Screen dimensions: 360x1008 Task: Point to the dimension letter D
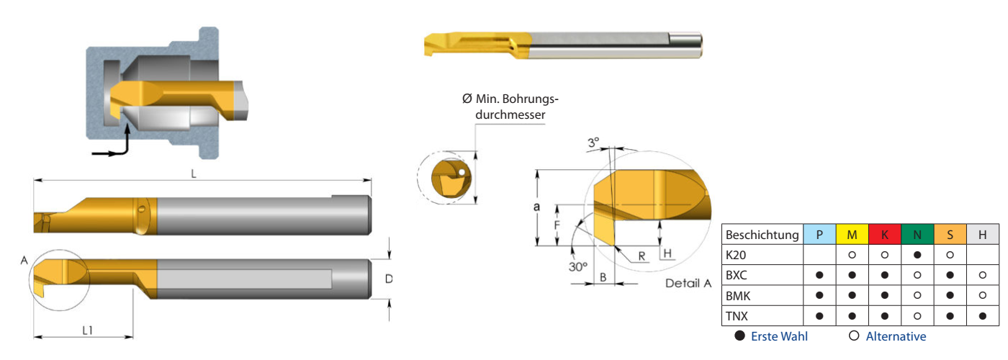tap(388, 279)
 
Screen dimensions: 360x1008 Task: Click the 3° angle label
tap(593, 143)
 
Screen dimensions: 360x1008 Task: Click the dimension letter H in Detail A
tap(667, 253)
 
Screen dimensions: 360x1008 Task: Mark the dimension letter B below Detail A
tap(603, 276)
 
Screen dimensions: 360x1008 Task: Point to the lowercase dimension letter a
tap(536, 207)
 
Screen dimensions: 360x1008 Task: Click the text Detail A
tap(688, 283)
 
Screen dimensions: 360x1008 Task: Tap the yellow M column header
tap(852, 235)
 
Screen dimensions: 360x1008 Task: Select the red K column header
tap(884, 235)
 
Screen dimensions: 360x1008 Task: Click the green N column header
tap(917, 235)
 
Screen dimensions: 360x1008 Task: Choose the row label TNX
tap(738, 315)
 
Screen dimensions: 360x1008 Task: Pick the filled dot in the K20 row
tap(917, 255)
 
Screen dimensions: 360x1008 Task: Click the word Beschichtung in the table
tap(762, 235)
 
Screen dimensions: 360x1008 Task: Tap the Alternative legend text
tap(896, 336)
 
